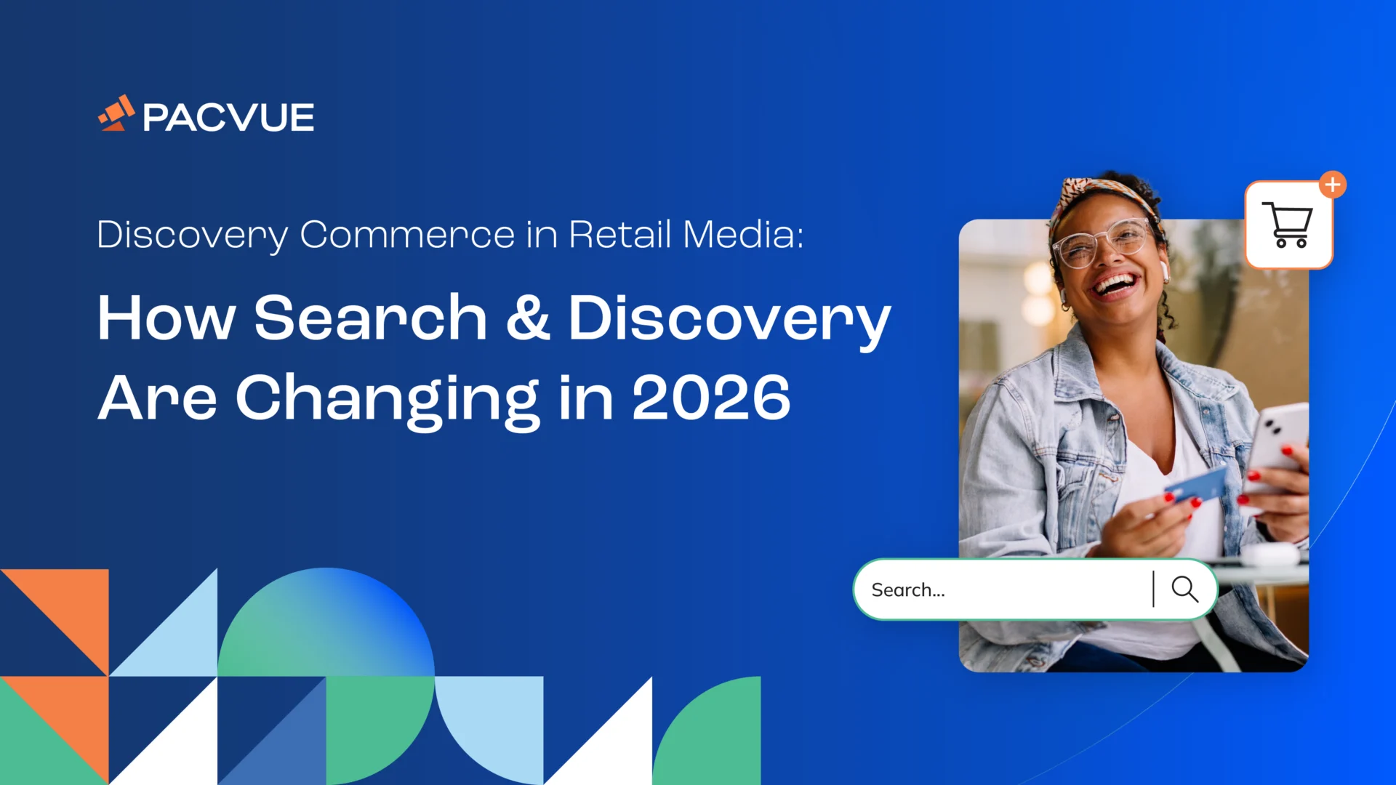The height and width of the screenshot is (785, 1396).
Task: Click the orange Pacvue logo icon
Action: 116,114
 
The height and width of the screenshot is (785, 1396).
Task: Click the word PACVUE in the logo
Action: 228,118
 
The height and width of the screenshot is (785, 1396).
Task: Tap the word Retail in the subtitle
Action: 619,235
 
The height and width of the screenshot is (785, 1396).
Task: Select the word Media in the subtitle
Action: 742,235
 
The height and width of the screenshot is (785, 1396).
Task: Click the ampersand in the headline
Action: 528,318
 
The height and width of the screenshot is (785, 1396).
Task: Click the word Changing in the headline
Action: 387,398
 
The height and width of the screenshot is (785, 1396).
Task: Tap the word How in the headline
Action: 167,318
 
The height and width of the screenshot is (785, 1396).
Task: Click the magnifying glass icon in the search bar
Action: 1184,589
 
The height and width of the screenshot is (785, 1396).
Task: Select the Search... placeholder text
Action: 908,590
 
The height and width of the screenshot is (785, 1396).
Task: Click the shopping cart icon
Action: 1288,225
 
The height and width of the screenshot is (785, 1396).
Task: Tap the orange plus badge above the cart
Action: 1332,185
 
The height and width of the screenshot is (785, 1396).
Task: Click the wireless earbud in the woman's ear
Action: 1164,270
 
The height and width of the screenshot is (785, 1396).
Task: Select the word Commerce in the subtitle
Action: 407,235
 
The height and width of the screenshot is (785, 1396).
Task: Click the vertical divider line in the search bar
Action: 1153,589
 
